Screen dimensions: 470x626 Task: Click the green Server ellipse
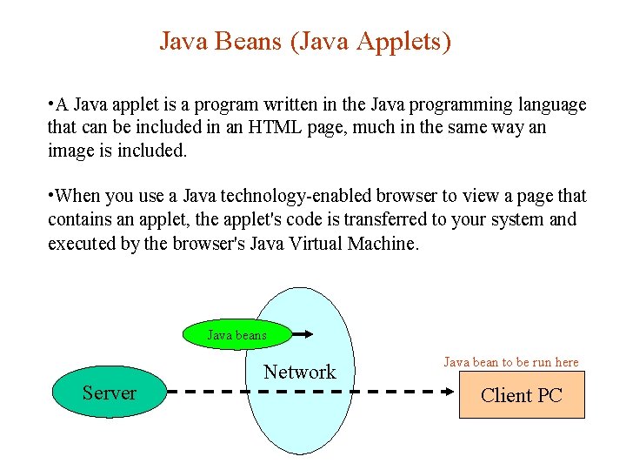tap(109, 393)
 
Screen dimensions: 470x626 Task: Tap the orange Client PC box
tap(522, 395)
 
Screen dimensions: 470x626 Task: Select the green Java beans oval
tap(236, 334)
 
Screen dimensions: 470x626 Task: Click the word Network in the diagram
tap(299, 372)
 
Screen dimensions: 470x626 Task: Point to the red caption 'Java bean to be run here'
tap(511, 361)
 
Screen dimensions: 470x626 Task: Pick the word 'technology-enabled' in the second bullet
tap(293, 196)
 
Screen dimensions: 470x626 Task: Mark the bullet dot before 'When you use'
tap(51, 195)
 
